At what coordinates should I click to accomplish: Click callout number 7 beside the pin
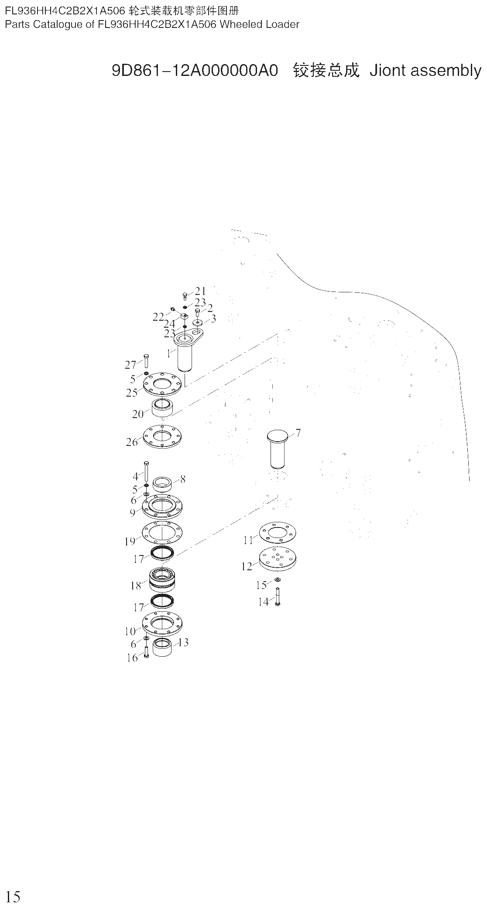[x=298, y=433]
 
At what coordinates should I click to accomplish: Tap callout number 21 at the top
[x=200, y=291]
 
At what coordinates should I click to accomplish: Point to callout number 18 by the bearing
[x=136, y=586]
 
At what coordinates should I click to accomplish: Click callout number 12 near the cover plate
[x=247, y=566]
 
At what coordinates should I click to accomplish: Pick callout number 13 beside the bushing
[x=183, y=642]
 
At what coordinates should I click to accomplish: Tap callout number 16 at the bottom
[x=132, y=658]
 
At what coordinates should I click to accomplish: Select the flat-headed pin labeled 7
[x=278, y=449]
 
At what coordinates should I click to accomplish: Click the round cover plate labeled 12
[x=278, y=559]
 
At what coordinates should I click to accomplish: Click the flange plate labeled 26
[x=162, y=436]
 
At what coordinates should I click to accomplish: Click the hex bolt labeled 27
[x=146, y=362]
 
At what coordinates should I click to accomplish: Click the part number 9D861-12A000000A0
[x=195, y=70]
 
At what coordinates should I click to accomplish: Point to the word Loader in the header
[x=283, y=24]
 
